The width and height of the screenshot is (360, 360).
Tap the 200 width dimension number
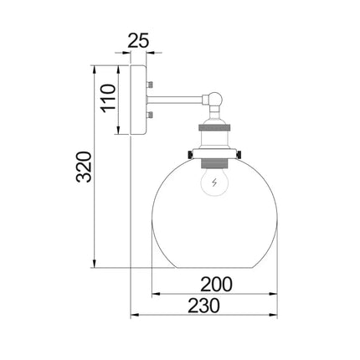(x=216, y=284)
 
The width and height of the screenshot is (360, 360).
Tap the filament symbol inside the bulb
(x=216, y=183)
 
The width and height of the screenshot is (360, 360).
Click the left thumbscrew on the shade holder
(x=192, y=155)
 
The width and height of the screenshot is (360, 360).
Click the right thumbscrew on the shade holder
(x=240, y=155)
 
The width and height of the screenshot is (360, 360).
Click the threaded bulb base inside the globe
(x=216, y=160)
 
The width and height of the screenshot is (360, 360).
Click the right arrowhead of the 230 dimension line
(x=276, y=316)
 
